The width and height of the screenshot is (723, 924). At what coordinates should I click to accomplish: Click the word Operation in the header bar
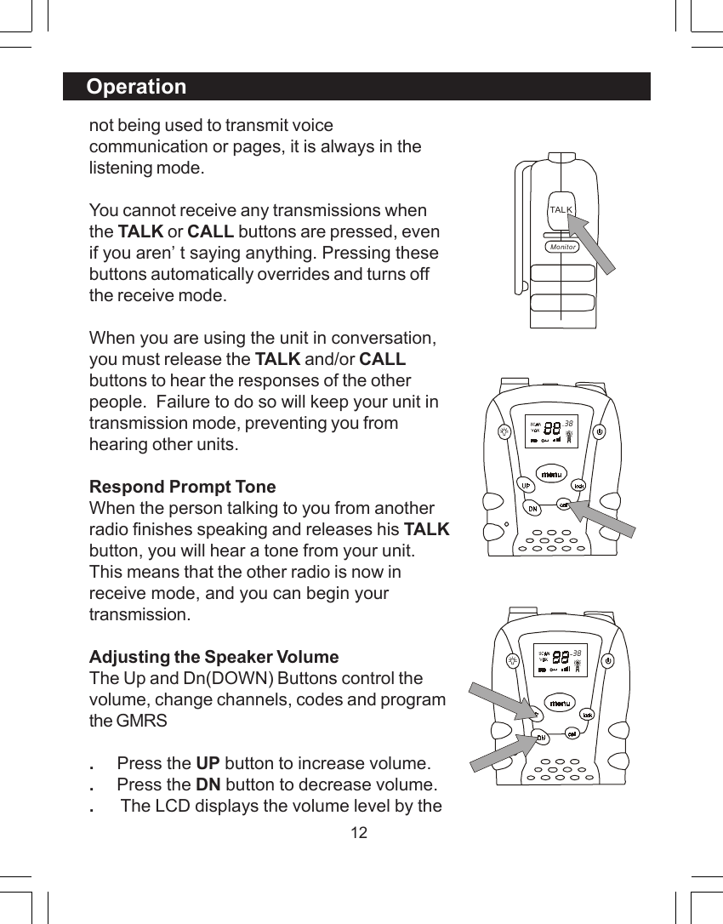coord(136,87)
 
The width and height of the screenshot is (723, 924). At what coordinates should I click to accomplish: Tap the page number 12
coord(360,832)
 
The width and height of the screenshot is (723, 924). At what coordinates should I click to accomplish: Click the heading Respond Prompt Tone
coord(183,487)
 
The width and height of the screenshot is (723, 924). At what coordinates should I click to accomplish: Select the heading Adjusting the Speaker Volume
coord(213,657)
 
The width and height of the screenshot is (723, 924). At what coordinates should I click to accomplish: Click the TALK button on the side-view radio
coord(561,209)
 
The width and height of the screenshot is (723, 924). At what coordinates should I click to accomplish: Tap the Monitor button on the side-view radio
coord(562,247)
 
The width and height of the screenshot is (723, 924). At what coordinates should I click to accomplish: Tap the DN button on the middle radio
coord(532,509)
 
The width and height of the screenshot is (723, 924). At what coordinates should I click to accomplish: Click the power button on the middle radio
coord(600,431)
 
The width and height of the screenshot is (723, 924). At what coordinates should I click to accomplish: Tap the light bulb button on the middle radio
coord(505,431)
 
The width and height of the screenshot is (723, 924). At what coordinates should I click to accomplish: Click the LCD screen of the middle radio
coord(552,431)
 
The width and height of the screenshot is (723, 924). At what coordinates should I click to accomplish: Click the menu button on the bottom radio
coord(559,704)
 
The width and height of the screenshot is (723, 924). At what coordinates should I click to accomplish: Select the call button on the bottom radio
coord(573,733)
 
